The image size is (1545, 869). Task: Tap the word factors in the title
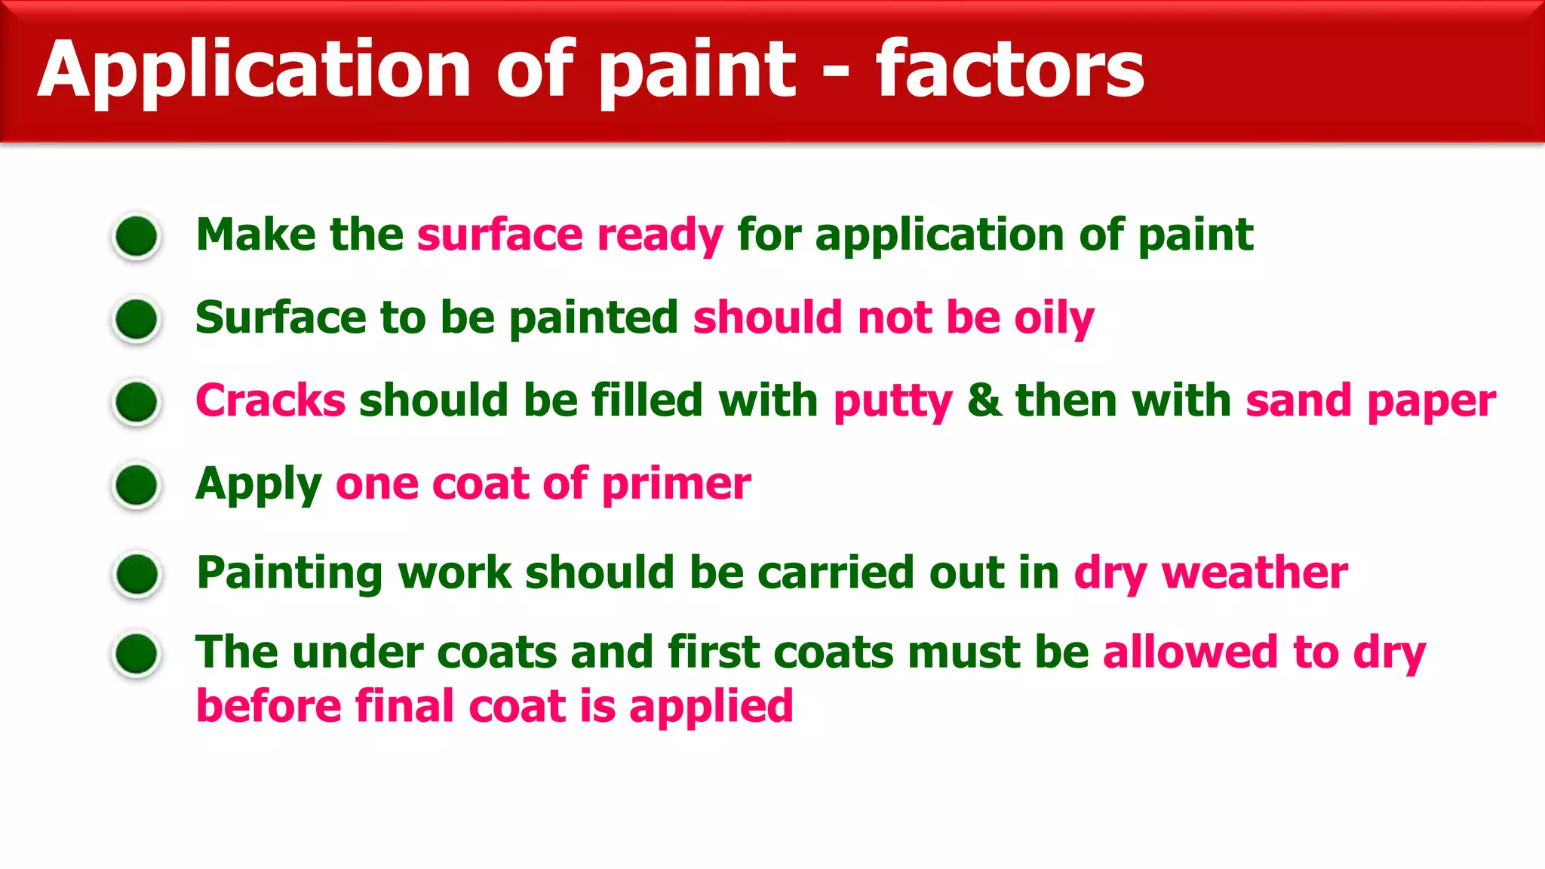click(x=1009, y=70)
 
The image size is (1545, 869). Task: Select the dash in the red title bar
click(x=835, y=74)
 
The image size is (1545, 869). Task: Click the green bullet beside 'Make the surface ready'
click(x=137, y=236)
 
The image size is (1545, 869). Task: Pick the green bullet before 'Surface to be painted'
click(x=137, y=319)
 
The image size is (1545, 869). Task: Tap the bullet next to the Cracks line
click(x=137, y=401)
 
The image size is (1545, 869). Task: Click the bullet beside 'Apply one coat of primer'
click(x=137, y=484)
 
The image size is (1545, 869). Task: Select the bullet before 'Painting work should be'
click(x=137, y=574)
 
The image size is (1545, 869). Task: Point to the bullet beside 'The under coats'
click(x=137, y=653)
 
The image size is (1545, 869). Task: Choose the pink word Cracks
click(x=270, y=400)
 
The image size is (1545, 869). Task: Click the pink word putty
click(x=892, y=401)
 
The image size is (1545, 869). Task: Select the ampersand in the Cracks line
click(x=984, y=400)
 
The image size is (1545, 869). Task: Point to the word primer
click(x=676, y=484)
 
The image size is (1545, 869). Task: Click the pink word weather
click(x=1255, y=573)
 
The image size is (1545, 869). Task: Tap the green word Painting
click(x=290, y=573)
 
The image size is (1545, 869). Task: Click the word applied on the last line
click(x=711, y=708)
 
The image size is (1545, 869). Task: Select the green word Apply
click(x=258, y=484)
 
